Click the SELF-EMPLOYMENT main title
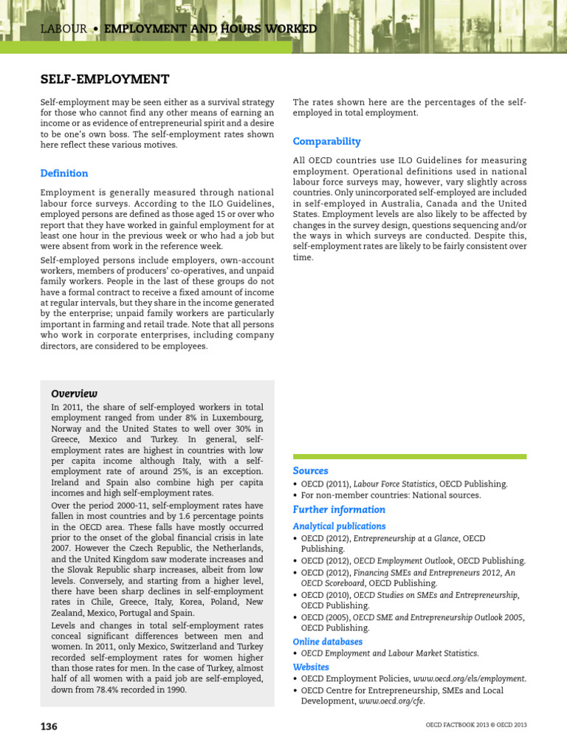pyautogui.click(x=104, y=79)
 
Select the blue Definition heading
pyautogui.click(x=64, y=173)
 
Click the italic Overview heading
pyautogui.click(x=74, y=394)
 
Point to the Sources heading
pyautogui.click(x=310, y=471)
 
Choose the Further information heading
pyautogui.click(x=339, y=509)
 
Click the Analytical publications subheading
pyautogui.click(x=339, y=526)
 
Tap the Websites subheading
pyautogui.click(x=311, y=667)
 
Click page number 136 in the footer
pyautogui.click(x=49, y=726)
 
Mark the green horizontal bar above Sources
pyautogui.click(x=410, y=457)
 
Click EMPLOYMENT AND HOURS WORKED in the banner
pyautogui.click(x=210, y=29)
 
